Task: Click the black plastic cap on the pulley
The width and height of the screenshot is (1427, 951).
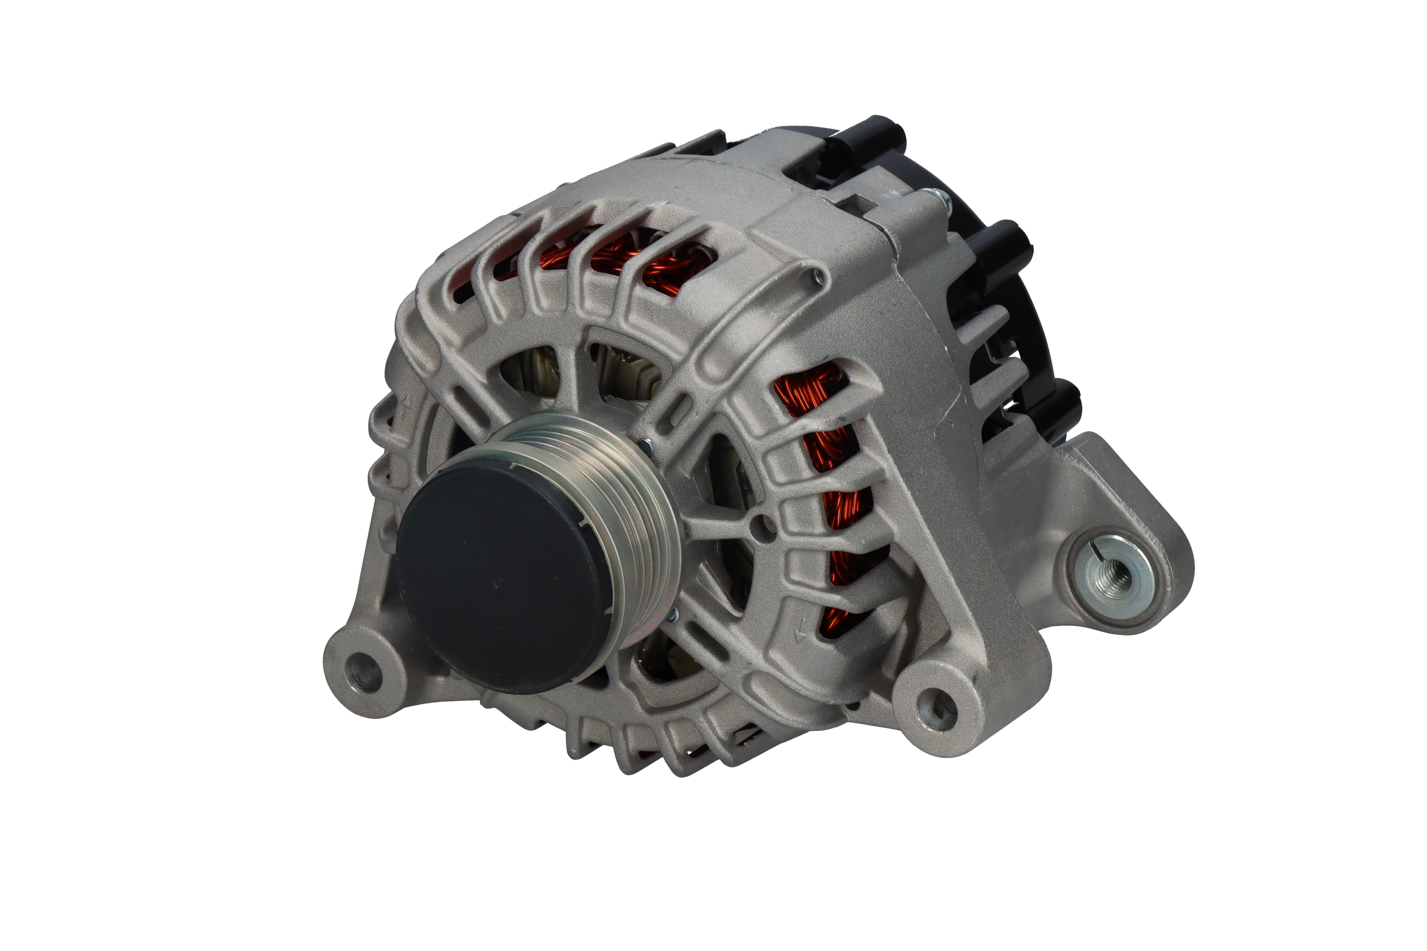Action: (498, 579)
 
